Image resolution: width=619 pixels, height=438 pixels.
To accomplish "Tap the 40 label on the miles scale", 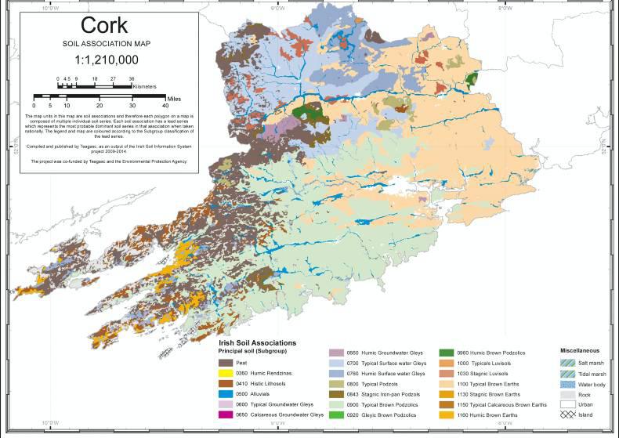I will (x=165, y=104).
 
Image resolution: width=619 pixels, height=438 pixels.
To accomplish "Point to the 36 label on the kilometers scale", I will (x=131, y=79).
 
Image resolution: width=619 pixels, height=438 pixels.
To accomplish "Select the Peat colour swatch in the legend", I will (x=224, y=363).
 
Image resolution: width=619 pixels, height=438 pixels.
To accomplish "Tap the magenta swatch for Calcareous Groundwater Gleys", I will (x=224, y=414).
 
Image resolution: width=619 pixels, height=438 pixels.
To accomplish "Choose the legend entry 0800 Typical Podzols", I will (x=366, y=383).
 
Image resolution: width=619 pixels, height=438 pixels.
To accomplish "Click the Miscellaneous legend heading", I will (x=581, y=349).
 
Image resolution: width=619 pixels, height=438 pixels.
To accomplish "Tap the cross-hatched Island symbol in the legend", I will (x=568, y=413).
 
